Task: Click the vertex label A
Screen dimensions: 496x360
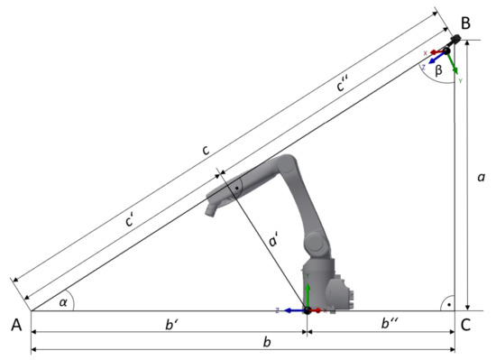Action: click(16, 325)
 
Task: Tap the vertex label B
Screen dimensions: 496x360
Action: click(465, 23)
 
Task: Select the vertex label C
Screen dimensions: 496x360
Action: click(465, 325)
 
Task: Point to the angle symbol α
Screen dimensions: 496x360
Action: click(63, 302)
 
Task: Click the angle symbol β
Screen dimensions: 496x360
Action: click(438, 70)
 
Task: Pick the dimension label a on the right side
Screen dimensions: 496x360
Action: click(481, 177)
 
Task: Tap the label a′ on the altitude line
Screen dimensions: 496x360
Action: click(273, 240)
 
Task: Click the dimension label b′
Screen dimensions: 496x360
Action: click(170, 324)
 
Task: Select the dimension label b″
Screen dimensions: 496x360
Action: click(390, 323)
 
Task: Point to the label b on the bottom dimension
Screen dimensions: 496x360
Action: click(267, 342)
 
